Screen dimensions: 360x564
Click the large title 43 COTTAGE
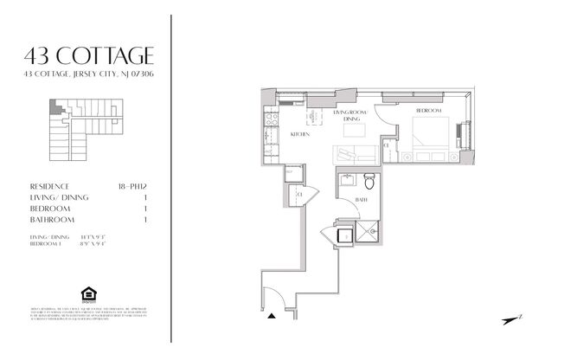click(90, 56)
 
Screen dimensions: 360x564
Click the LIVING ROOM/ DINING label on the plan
click(350, 117)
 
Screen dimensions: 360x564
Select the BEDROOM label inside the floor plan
click(429, 112)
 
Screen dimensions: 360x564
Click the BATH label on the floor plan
click(360, 199)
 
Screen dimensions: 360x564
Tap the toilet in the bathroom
click(369, 183)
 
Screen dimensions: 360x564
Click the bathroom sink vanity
click(347, 181)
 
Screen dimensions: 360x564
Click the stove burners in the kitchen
click(269, 119)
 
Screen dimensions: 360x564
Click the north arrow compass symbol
click(514, 319)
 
